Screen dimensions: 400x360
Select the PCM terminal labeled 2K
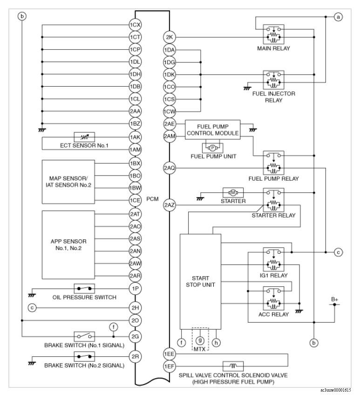169,37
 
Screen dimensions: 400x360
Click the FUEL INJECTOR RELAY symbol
273,79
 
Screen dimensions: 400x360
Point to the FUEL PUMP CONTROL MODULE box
212,129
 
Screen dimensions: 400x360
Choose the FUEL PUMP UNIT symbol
212,148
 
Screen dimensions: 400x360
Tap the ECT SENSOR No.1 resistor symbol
84,137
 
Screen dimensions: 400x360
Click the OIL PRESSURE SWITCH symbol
84,289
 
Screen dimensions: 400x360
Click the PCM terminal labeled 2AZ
169,205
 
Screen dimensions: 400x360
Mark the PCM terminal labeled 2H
135,307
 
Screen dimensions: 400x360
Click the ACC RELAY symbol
273,298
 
